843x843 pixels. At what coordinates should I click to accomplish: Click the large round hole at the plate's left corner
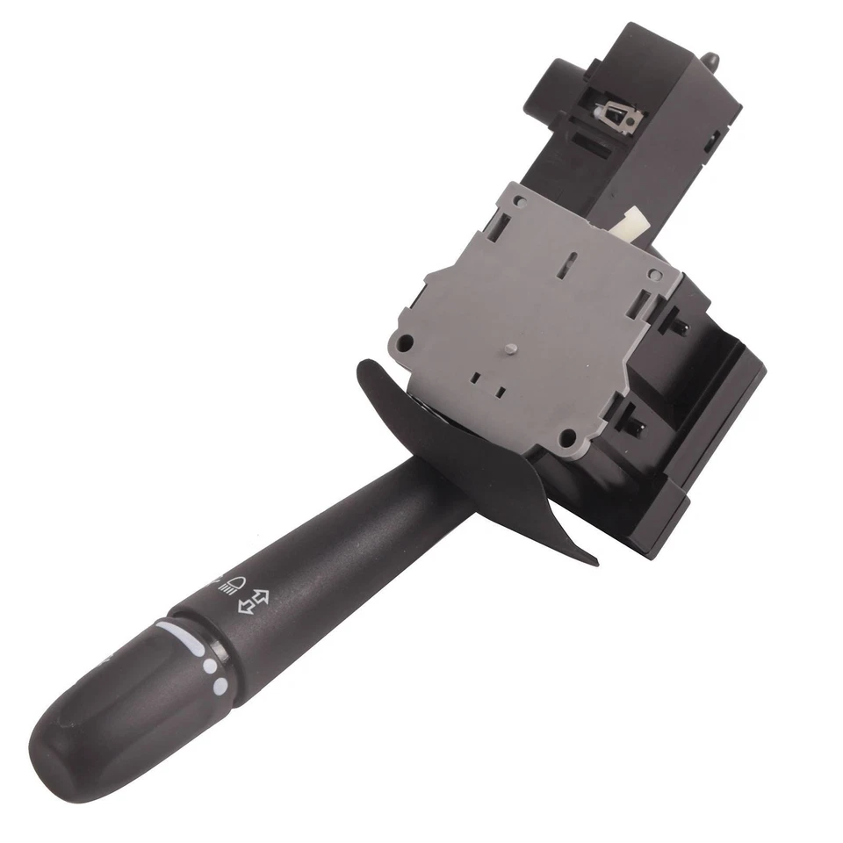[x=406, y=342]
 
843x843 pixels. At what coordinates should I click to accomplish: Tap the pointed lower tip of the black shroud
[x=594, y=558]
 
